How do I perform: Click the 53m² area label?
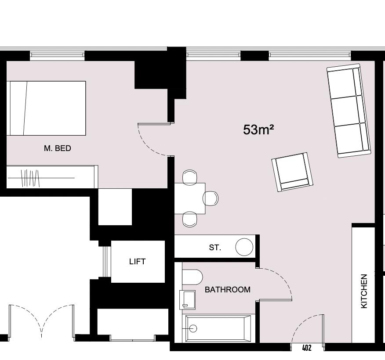(258, 130)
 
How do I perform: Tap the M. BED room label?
(57, 148)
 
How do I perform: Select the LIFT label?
(137, 262)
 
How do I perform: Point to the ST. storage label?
(215, 248)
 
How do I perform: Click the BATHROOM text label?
(228, 290)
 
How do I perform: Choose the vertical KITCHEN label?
(364, 291)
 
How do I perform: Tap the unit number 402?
(307, 348)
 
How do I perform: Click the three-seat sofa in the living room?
(349, 110)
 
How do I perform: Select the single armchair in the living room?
(292, 172)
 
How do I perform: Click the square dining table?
(189, 198)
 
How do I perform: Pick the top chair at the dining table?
(190, 177)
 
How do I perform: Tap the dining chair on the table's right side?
(211, 198)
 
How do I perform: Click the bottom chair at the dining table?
(190, 219)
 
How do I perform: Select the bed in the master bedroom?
(46, 108)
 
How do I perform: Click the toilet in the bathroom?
(192, 277)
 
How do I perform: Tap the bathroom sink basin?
(188, 299)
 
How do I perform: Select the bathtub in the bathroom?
(218, 328)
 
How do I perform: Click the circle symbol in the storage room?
(244, 247)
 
